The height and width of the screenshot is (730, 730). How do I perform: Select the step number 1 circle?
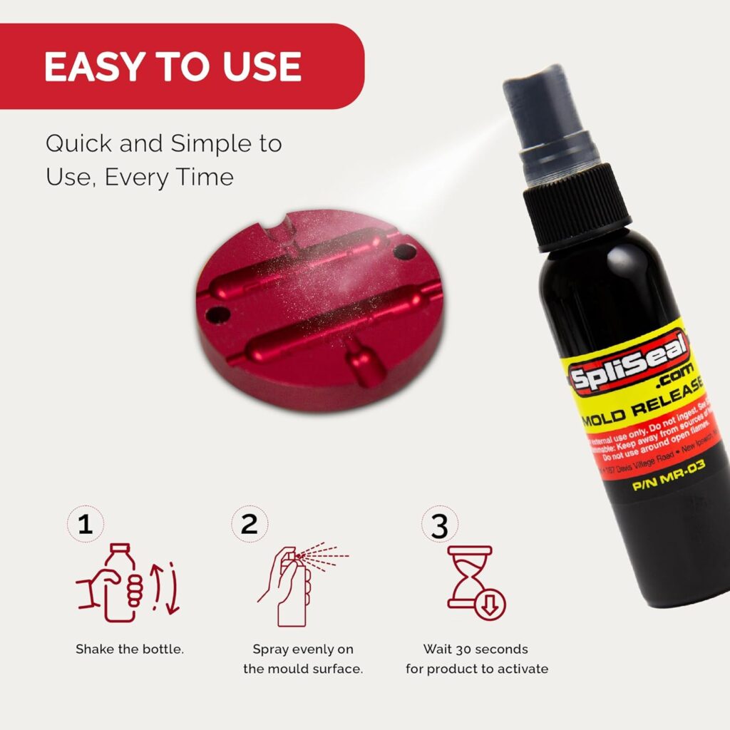[86, 525]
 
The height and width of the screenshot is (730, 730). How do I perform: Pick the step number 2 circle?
[249, 525]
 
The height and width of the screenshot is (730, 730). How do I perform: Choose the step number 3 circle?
[440, 525]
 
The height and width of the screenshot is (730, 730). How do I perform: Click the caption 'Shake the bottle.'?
[130, 649]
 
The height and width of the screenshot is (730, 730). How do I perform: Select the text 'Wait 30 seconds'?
[476, 649]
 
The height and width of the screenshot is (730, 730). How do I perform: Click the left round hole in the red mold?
[218, 313]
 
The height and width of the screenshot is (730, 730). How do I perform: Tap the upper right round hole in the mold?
[405, 251]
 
